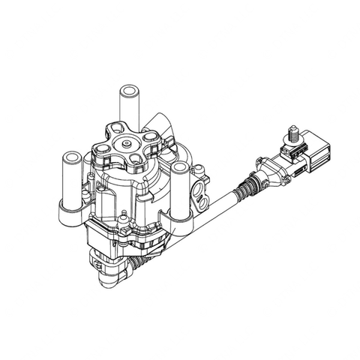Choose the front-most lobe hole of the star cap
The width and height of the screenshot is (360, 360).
(137, 158)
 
